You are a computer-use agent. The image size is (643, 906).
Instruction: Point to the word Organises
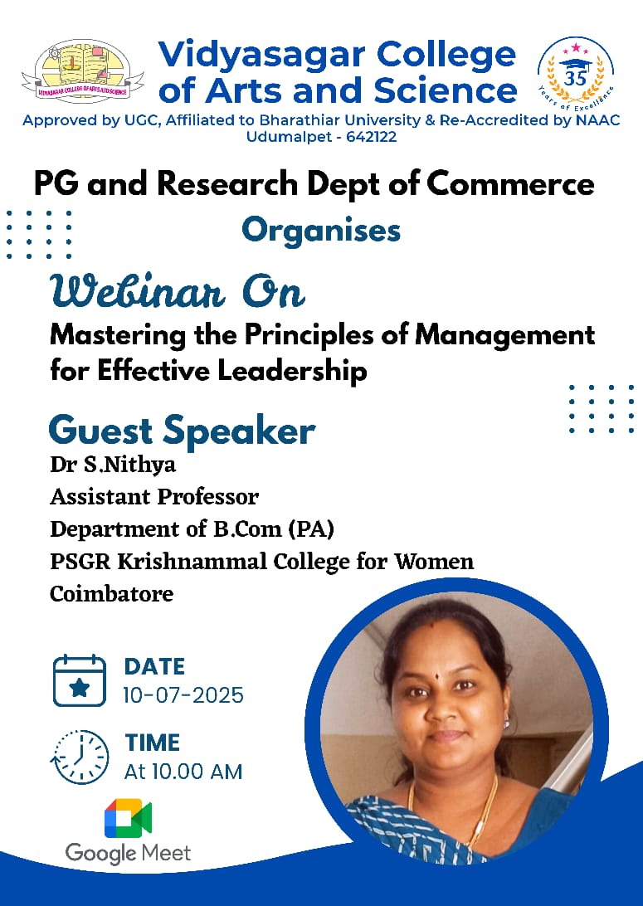pos(321,230)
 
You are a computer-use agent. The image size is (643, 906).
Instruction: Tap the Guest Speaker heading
pos(182,431)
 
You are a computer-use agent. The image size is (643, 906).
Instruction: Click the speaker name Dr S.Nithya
pos(113,465)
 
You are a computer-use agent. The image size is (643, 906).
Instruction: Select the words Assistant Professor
pos(154,497)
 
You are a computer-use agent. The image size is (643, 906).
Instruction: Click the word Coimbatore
pos(112,594)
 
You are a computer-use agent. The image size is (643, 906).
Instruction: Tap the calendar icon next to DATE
pos(80,680)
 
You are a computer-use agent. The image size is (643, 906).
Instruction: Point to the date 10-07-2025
pos(183,695)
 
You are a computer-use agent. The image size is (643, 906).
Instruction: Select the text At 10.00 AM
pos(183,772)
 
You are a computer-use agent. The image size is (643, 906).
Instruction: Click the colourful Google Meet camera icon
pos(128,820)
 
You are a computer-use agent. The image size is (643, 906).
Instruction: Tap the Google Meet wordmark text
pos(128,852)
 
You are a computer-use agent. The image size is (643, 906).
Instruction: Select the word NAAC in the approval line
pos(597,120)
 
